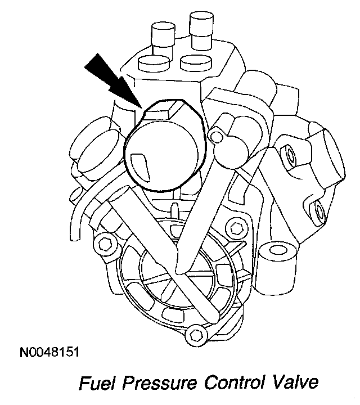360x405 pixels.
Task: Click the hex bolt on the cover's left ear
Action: (103, 244)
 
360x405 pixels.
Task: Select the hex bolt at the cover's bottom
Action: (196, 335)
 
